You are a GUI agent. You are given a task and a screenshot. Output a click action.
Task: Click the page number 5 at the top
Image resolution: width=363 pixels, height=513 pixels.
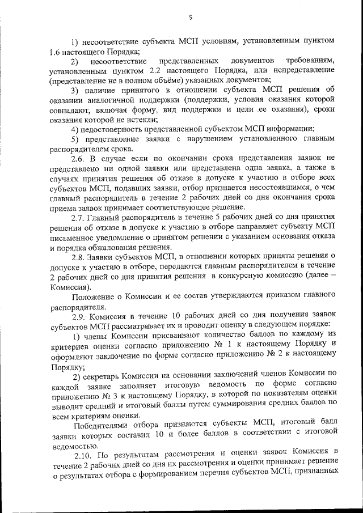pos(191,18)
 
